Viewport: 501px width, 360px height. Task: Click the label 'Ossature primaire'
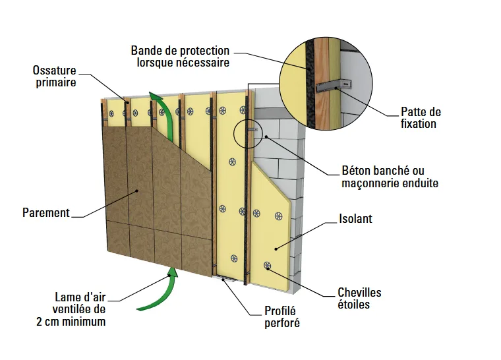click(x=54, y=76)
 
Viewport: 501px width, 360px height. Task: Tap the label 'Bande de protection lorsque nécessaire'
click(x=180, y=57)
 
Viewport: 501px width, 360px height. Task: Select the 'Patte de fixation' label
click(x=421, y=117)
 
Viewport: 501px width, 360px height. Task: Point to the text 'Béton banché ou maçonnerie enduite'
click(x=390, y=176)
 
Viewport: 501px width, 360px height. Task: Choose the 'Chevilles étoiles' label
click(x=359, y=299)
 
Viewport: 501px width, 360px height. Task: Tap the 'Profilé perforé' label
click(x=285, y=317)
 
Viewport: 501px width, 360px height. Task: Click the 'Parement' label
click(x=45, y=213)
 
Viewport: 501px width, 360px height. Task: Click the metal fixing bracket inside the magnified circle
click(x=333, y=86)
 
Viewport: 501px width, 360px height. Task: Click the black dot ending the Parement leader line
click(x=136, y=191)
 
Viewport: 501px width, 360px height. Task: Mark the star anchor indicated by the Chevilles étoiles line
click(x=267, y=266)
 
